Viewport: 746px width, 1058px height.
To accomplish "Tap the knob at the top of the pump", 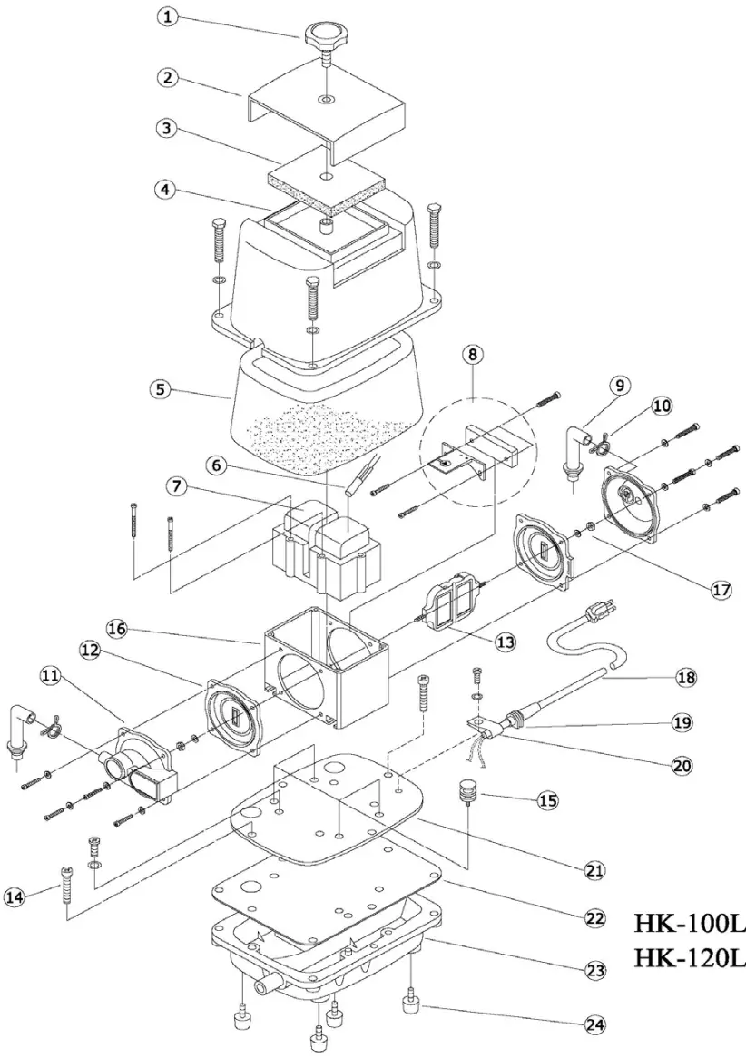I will click(x=325, y=37).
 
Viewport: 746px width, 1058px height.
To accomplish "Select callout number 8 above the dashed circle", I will click(x=472, y=354).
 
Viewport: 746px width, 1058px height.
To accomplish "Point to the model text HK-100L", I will click(x=688, y=922).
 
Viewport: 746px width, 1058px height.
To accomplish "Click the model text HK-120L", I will click(x=688, y=956).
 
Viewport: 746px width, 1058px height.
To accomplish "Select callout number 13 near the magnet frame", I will click(x=505, y=642).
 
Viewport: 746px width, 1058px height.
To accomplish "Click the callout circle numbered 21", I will click(x=594, y=870).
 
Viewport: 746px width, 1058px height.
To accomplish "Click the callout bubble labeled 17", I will click(x=721, y=589).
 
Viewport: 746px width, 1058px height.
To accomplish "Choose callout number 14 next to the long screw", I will click(x=13, y=896).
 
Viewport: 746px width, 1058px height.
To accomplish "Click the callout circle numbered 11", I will click(x=50, y=674).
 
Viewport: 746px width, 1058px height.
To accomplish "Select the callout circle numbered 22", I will click(x=594, y=917).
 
